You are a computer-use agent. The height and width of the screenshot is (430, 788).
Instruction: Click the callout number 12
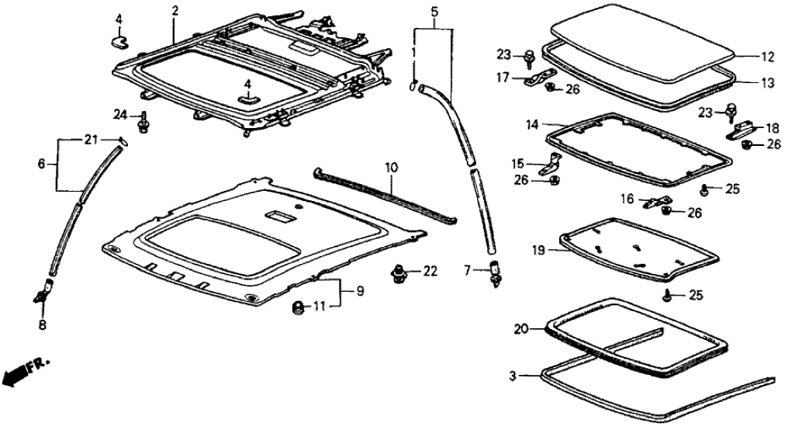[767, 56]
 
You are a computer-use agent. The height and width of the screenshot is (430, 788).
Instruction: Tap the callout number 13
[767, 80]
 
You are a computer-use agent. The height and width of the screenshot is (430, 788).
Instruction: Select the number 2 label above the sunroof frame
[175, 11]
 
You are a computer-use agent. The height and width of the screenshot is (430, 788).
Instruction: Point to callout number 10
[390, 167]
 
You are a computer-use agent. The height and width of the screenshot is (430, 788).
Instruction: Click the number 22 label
[430, 271]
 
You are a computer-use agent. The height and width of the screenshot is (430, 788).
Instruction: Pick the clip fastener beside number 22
[399, 272]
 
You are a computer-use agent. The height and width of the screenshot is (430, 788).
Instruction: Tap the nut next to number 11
[297, 308]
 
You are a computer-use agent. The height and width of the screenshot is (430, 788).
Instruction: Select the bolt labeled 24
[144, 123]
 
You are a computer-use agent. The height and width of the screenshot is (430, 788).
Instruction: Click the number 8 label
[43, 324]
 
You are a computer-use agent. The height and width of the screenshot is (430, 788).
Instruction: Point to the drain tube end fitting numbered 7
[494, 272]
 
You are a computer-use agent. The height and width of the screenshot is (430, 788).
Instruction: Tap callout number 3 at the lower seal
[513, 376]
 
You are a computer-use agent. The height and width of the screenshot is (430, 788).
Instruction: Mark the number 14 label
[532, 123]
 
